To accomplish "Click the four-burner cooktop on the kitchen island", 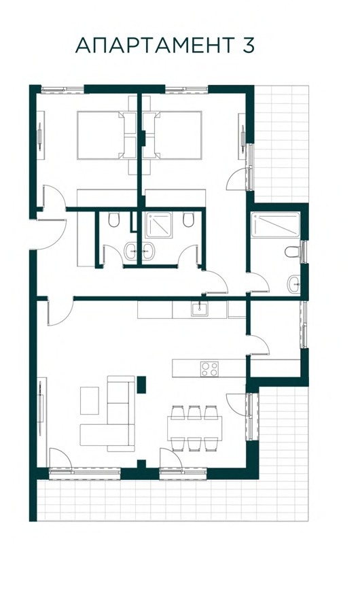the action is coord(209,368).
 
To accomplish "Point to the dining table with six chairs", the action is coord(194,428).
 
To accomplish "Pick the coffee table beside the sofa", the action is coord(90,400).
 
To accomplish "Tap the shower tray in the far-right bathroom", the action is coord(276,225).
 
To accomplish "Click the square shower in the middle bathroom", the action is coord(159,225).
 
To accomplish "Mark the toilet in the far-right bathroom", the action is coord(292,251).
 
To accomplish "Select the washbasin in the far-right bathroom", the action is coord(294,284).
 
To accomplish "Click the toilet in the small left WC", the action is coord(114,220).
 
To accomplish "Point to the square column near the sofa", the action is coord(141,385).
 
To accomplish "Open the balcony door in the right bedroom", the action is coord(238,179).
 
